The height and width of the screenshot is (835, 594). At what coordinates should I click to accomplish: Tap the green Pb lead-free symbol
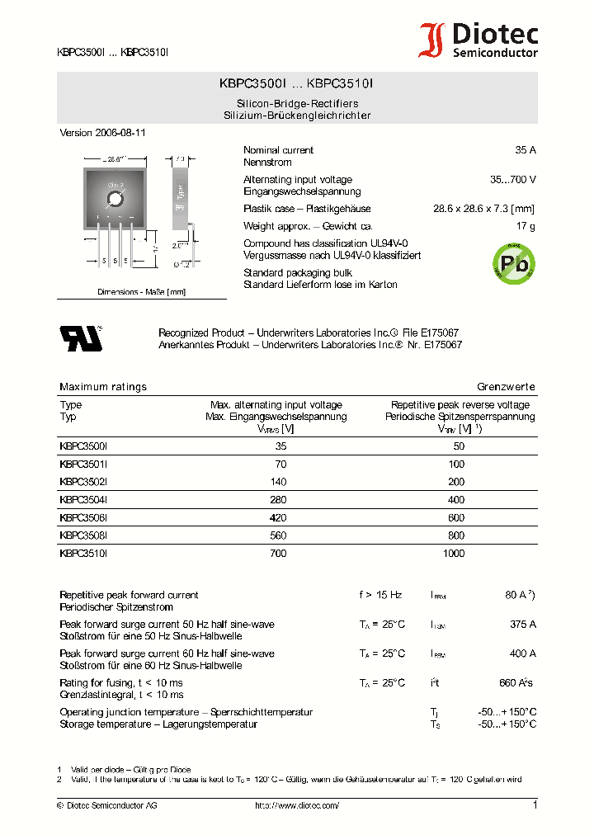(512, 264)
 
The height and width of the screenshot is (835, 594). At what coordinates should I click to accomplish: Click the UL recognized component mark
(79, 338)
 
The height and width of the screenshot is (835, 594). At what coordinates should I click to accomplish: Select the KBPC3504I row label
(83, 500)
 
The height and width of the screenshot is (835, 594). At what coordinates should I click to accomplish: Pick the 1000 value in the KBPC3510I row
(454, 554)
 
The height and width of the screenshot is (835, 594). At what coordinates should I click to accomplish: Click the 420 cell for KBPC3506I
(278, 518)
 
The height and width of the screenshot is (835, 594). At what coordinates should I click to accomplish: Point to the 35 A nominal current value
(525, 150)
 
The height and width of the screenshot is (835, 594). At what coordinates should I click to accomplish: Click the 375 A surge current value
(523, 625)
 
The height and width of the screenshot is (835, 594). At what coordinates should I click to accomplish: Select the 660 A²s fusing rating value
(516, 682)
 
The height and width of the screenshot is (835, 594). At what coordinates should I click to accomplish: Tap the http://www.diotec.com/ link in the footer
(297, 805)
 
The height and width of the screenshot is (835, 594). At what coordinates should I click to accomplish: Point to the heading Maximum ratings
(103, 386)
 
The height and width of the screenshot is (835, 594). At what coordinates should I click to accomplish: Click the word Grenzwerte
(506, 386)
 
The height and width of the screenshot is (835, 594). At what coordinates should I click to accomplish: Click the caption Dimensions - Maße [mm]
(141, 292)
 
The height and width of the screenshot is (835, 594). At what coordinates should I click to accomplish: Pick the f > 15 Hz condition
(380, 595)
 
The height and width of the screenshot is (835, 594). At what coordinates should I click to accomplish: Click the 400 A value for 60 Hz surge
(523, 653)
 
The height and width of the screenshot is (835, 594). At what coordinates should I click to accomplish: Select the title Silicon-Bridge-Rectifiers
(297, 104)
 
